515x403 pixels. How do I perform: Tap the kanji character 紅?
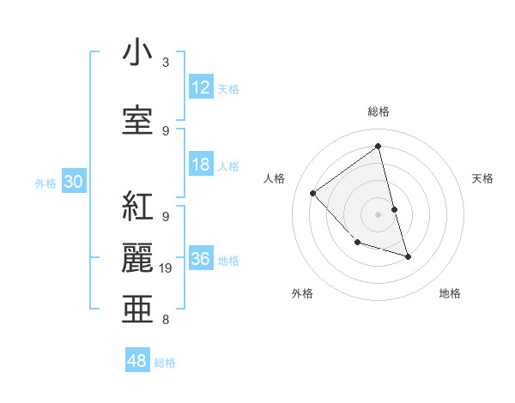[x=137, y=206]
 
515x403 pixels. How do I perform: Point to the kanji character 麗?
[x=137, y=257]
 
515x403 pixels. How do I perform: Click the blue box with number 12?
[x=201, y=87]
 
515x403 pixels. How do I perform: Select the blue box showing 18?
[x=201, y=165]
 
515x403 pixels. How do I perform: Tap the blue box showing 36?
[x=201, y=260]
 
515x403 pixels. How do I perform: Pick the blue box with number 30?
[x=73, y=182]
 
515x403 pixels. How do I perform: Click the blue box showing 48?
[x=137, y=361]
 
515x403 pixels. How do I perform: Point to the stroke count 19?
[x=168, y=268]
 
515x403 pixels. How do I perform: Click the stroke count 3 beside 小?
[x=165, y=63]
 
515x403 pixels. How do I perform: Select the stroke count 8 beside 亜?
[x=165, y=320]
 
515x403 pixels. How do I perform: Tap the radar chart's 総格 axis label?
[x=378, y=111]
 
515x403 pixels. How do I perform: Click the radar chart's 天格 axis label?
[x=482, y=178]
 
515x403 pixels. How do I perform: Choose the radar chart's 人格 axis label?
[x=274, y=178]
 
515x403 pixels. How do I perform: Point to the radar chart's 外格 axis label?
[x=302, y=293]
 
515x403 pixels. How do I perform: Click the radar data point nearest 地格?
[x=408, y=256]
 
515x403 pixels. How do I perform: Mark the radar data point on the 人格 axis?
[x=313, y=193]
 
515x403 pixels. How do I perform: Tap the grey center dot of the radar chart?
[x=378, y=214]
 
